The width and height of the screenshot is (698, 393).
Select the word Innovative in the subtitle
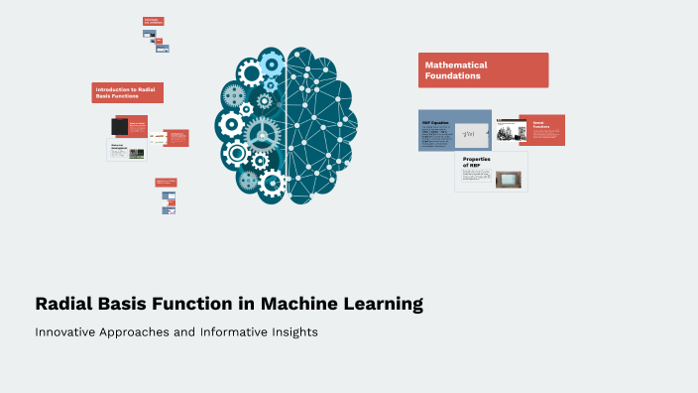coord(68,332)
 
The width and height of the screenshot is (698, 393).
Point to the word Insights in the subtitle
coord(291,332)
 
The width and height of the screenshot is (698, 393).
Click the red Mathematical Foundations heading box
coord(483,70)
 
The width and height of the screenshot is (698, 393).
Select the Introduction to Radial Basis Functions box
coord(127,92)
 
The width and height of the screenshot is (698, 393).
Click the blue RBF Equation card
coord(454,129)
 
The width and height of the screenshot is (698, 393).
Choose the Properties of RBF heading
coord(478,161)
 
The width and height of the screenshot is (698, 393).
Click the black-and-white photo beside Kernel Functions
coord(510,130)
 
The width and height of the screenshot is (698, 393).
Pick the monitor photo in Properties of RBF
coord(509,179)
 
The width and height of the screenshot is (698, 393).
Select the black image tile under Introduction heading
coord(120,127)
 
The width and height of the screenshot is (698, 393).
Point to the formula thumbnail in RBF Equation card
coord(469,133)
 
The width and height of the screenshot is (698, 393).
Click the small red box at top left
coord(153,21)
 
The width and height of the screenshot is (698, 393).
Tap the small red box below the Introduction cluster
coord(166,183)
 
